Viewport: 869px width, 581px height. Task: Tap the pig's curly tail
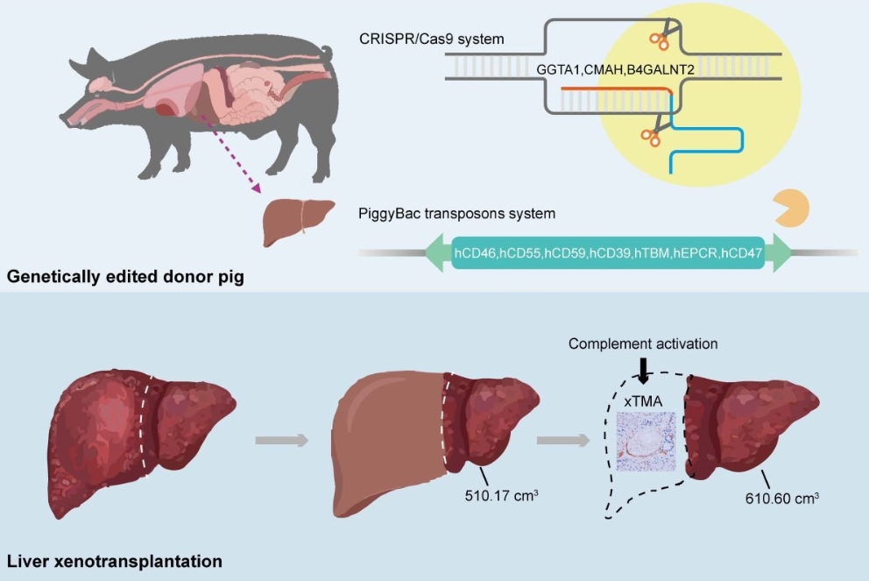328,54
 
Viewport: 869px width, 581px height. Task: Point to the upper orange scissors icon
660,38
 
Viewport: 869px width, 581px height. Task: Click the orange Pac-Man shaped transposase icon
790,209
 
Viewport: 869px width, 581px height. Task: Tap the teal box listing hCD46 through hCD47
608,252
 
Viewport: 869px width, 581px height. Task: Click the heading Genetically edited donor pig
125,278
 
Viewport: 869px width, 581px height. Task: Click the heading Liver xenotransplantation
114,560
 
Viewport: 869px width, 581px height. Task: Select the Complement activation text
643,344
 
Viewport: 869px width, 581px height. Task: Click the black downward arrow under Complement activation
643,371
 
